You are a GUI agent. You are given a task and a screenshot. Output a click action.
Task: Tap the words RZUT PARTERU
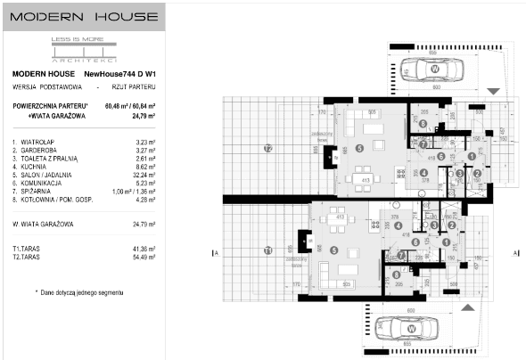click(135, 88)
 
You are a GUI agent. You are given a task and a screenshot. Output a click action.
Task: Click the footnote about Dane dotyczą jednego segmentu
click(79, 291)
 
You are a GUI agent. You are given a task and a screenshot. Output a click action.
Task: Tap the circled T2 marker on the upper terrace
click(267, 146)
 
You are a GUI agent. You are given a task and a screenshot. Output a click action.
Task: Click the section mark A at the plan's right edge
click(515, 253)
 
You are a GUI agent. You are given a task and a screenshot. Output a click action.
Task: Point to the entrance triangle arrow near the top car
click(494, 92)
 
